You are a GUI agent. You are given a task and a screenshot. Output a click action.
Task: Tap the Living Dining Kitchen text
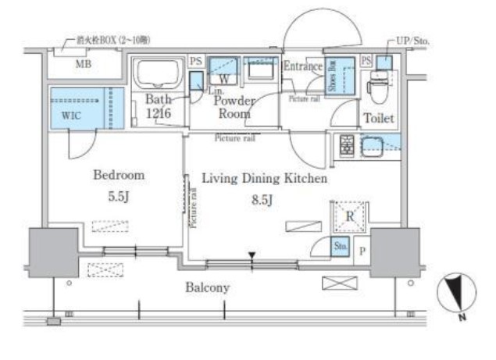pyautogui.click(x=264, y=179)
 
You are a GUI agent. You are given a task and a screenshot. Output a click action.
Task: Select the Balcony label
pyautogui.click(x=207, y=287)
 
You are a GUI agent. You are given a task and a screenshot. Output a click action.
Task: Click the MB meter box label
pyautogui.click(x=84, y=65)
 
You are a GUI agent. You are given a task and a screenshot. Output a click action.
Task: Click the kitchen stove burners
pyautogui.click(x=344, y=144)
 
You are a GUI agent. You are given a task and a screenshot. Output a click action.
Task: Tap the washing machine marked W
pyautogui.click(x=223, y=77)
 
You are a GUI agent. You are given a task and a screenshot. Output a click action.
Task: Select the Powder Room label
pyautogui.click(x=234, y=106)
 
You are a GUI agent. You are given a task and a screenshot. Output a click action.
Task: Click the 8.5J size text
pyautogui.click(x=262, y=201)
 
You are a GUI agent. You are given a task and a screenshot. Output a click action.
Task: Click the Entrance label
pyautogui.click(x=302, y=66)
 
